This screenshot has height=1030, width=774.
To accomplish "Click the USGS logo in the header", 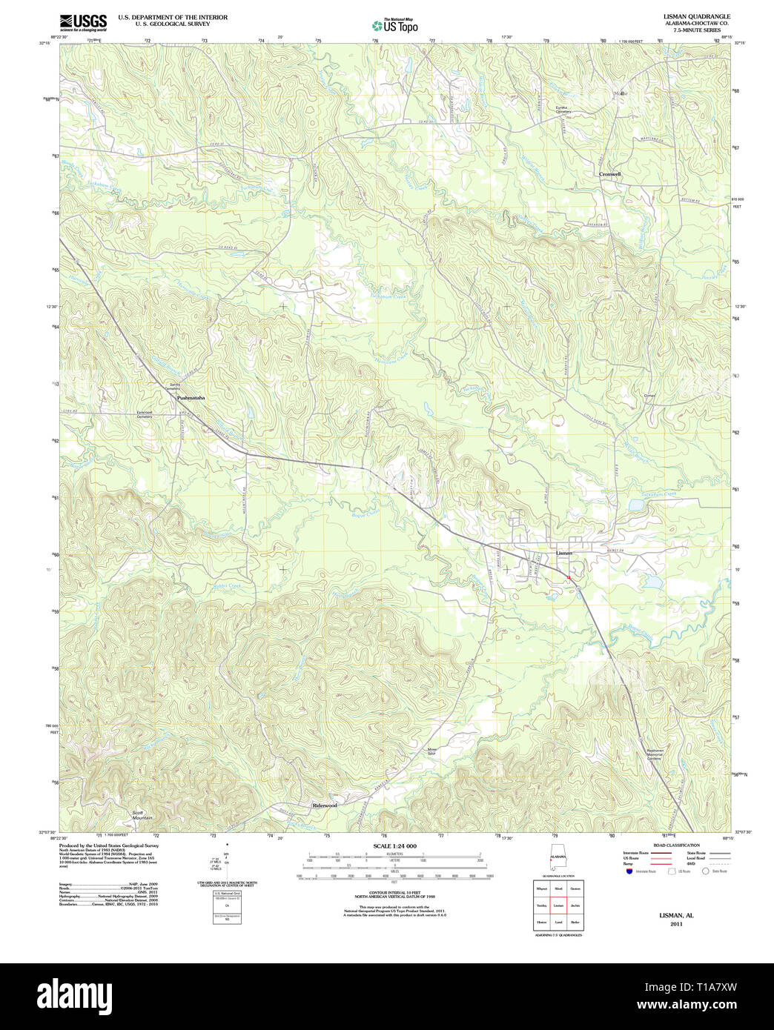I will tap(82, 21).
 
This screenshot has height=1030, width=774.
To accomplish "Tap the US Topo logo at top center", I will tap(394, 24).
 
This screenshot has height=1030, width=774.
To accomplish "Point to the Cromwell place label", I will tap(609, 174).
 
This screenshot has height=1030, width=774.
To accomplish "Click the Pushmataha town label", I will tap(191, 398).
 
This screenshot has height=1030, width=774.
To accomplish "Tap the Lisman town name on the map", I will tap(564, 553).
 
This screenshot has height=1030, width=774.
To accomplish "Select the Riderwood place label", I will tap(325, 805).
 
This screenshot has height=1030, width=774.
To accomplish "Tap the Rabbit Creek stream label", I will tap(227, 585).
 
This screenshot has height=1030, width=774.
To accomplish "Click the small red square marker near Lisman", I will tap(569, 577).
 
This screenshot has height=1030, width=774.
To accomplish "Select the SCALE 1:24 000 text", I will tap(394, 845).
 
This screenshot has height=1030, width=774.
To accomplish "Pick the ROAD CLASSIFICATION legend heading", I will tap(675, 845).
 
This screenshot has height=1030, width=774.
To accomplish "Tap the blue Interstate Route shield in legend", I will tap(629, 871).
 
